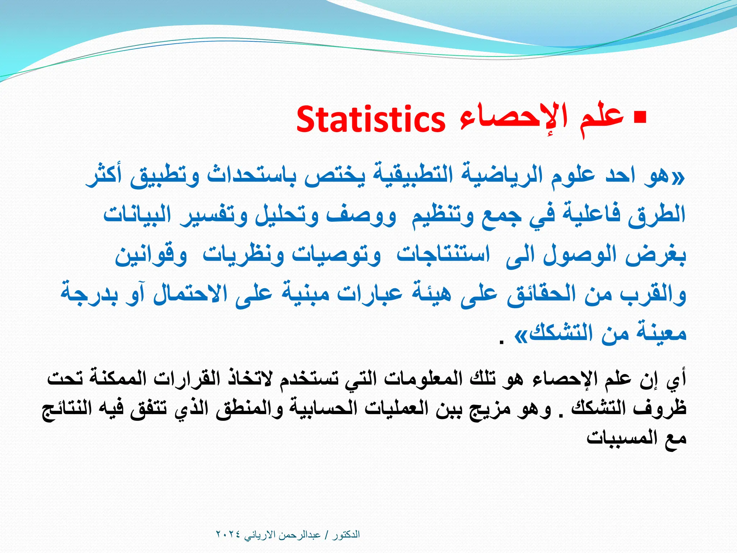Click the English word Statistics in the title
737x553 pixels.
371,120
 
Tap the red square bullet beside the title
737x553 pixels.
639,117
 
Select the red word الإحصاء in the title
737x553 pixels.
513,117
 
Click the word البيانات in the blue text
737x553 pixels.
137,215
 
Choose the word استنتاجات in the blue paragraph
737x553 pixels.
443,255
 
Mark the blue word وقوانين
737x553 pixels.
151,255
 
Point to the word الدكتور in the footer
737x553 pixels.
346,534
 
